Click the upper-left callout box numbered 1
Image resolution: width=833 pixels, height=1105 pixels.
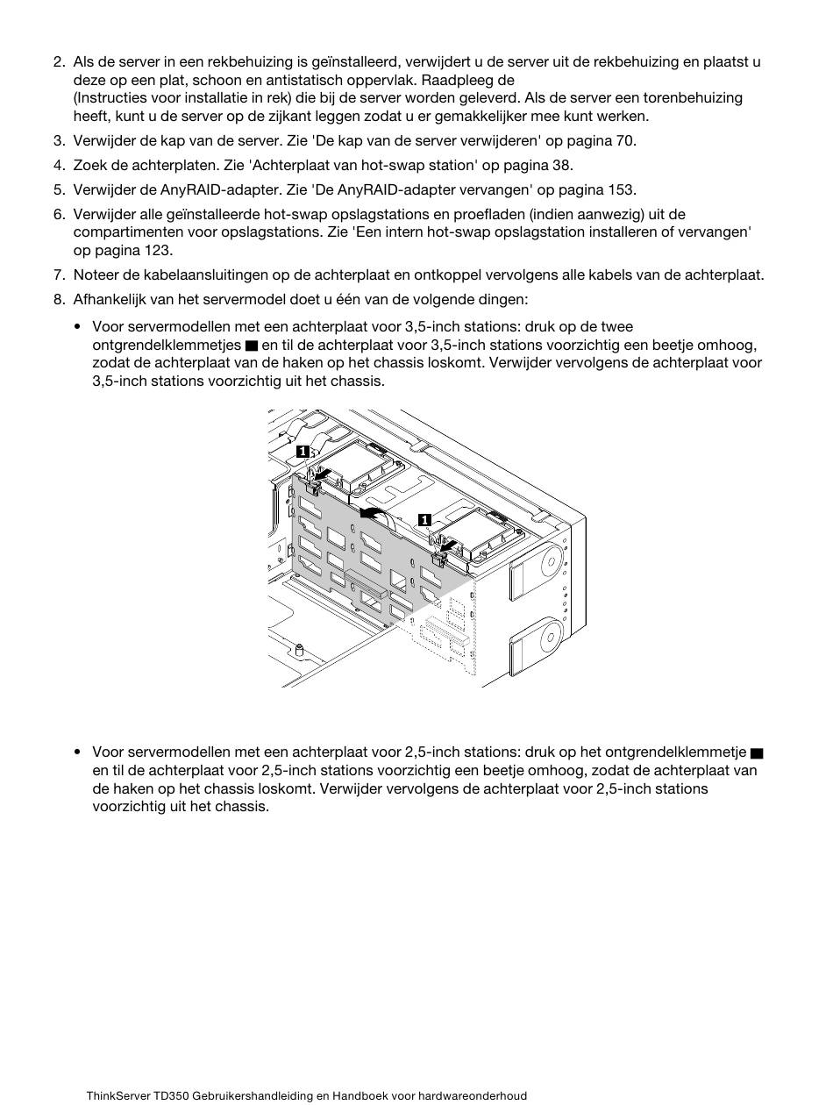click(302, 452)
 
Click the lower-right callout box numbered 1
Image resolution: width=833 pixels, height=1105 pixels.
click(424, 520)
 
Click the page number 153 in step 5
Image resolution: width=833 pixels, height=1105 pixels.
click(621, 189)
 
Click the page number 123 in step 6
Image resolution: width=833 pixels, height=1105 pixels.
click(156, 250)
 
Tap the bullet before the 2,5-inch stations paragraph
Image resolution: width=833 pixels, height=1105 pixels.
click(79, 752)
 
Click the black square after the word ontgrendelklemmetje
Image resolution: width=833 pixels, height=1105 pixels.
click(757, 752)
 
